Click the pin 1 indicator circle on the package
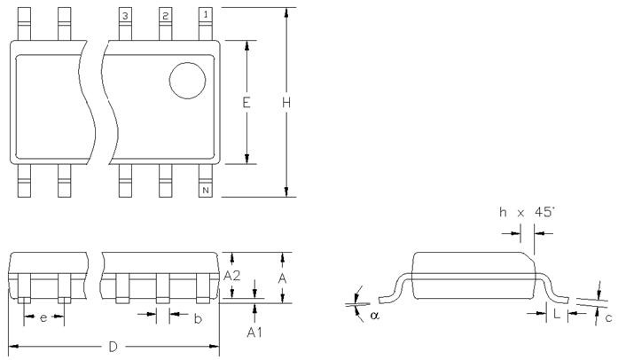coord(187,81)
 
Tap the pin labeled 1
coord(206,17)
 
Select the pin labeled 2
coord(166,17)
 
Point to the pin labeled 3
coord(125,17)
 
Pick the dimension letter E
coord(246,103)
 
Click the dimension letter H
coord(286,103)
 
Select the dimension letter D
coord(113,347)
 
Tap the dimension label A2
coord(232,277)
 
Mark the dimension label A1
coord(254,332)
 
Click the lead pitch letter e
coord(43,317)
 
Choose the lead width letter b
coord(197,317)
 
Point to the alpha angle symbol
coord(375,314)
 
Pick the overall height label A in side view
coord(280,277)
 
